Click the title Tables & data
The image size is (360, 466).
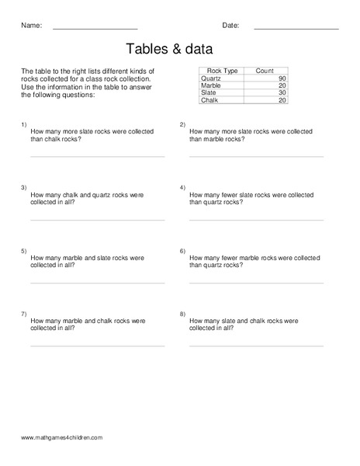180,49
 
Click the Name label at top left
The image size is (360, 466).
30,25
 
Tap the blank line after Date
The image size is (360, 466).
296,29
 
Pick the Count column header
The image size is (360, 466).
264,71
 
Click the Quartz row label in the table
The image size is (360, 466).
211,78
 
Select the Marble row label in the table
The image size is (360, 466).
211,85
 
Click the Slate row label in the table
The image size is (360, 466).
209,93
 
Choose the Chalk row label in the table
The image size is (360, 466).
209,100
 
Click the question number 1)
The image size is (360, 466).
23,124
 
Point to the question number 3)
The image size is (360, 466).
23,188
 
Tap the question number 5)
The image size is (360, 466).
23,251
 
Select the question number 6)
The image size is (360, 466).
182,251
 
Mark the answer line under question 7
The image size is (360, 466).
97,346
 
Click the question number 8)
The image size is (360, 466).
182,314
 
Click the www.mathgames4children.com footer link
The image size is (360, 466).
62,438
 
